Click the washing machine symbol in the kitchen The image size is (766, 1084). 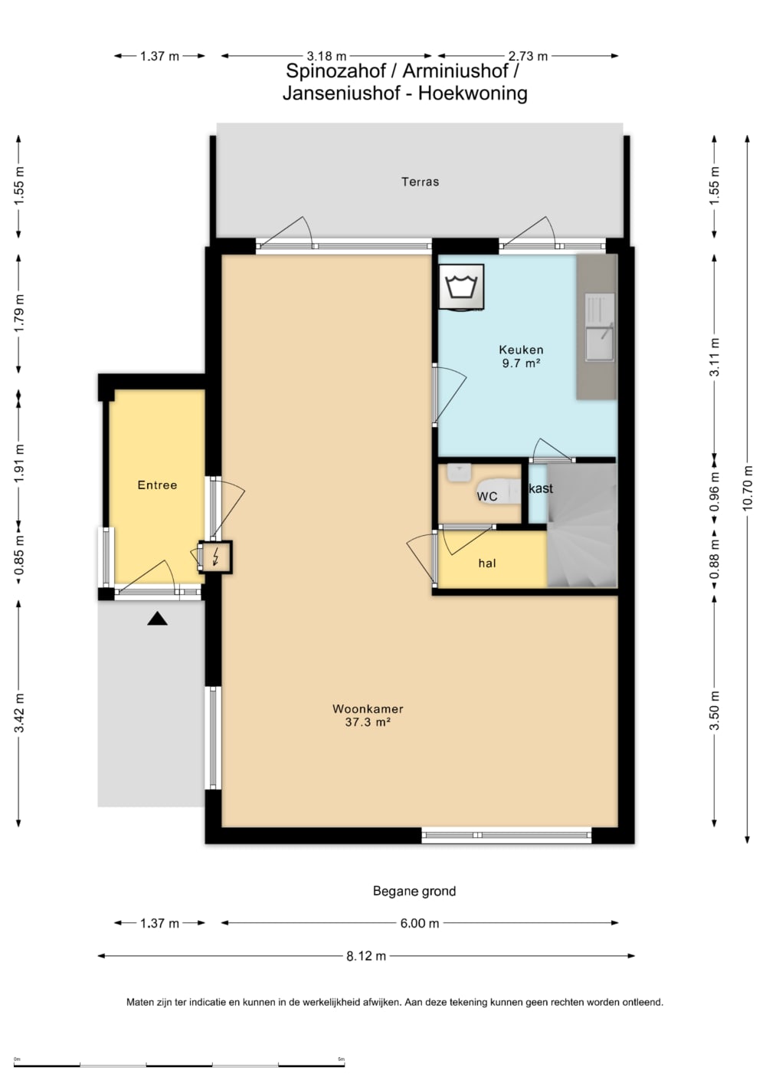[x=461, y=287]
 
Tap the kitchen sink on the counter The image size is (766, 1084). [x=599, y=327]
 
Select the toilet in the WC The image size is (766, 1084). [x=499, y=491]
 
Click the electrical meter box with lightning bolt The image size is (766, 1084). [x=216, y=557]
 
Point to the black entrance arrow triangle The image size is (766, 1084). [x=158, y=619]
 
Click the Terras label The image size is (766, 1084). [x=421, y=182]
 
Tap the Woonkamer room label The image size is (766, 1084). [x=368, y=709]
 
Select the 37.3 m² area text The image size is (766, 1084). [x=368, y=722]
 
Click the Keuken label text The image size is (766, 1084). [x=522, y=350]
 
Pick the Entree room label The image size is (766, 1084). [x=157, y=485]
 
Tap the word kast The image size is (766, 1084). [x=541, y=488]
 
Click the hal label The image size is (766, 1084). [x=487, y=563]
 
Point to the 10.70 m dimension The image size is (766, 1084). [x=748, y=488]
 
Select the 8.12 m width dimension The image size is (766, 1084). [x=366, y=956]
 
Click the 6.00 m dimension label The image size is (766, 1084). [x=419, y=923]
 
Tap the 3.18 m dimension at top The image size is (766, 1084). [x=326, y=56]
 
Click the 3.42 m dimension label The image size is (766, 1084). [x=19, y=713]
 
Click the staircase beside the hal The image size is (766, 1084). [x=582, y=526]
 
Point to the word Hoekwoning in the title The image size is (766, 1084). [x=473, y=93]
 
